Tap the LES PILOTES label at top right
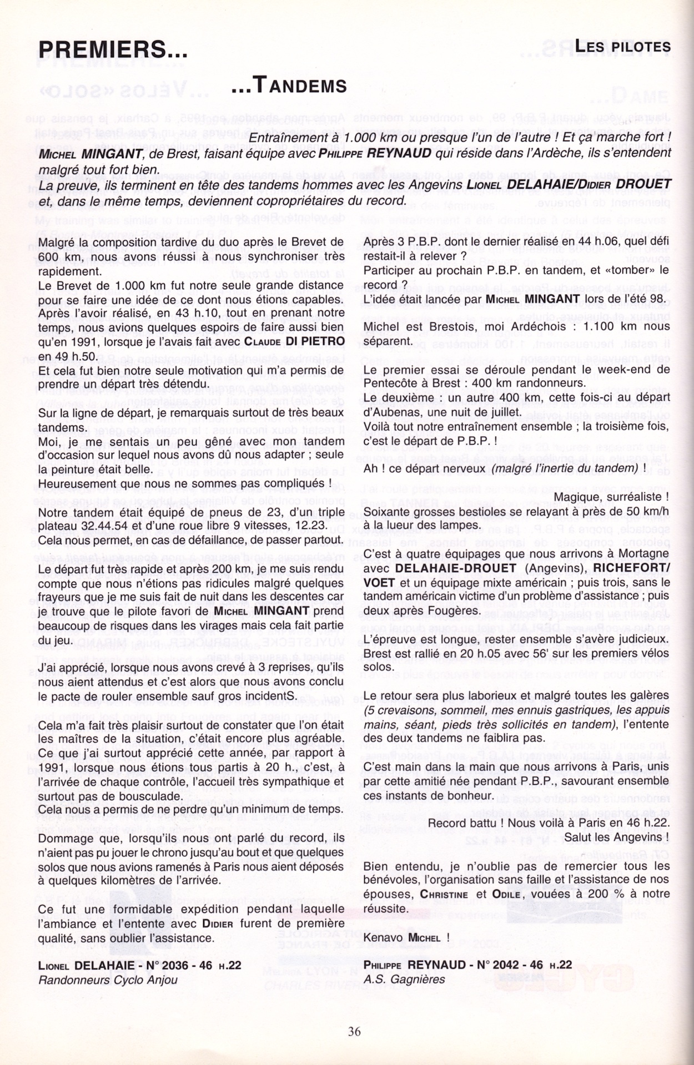[x=622, y=47]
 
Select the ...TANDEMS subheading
[x=289, y=86]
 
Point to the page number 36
[x=354, y=1031]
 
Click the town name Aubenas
[x=393, y=412]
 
